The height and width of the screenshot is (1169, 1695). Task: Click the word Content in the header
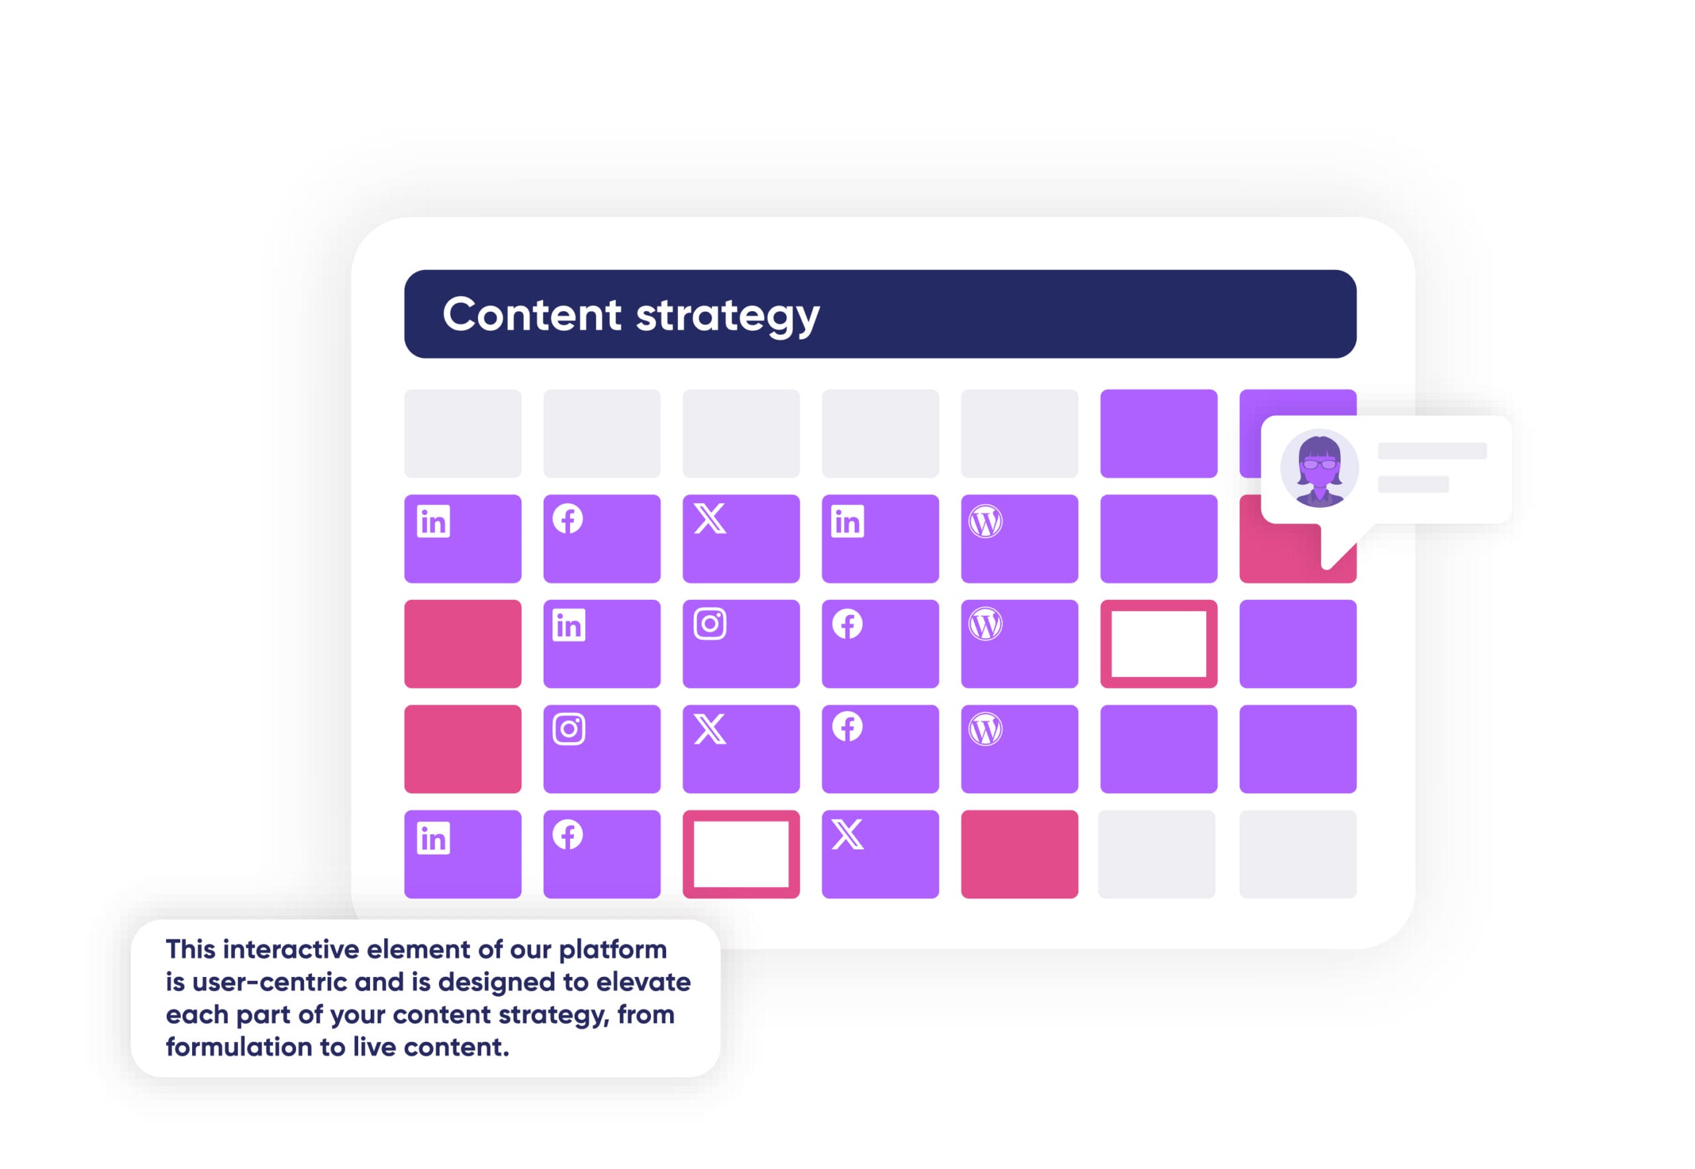click(x=532, y=314)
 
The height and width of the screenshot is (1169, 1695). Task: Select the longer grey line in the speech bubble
click(x=1432, y=451)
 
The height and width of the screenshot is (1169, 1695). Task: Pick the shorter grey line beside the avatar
click(x=1413, y=484)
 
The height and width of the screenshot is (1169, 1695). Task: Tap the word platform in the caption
click(x=613, y=951)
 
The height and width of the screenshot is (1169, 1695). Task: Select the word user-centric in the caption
click(x=269, y=982)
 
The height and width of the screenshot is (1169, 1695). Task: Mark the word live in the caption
click(x=373, y=1047)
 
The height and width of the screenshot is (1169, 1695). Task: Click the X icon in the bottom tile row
click(x=847, y=834)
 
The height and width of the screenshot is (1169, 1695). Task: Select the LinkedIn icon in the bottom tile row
click(x=433, y=838)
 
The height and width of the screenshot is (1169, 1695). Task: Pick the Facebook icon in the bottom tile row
click(x=567, y=834)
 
